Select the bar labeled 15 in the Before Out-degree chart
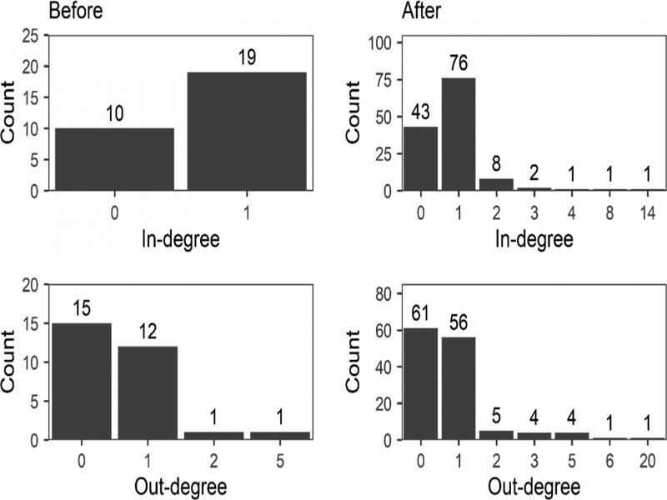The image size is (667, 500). click(x=81, y=381)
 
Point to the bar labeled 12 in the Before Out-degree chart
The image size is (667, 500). click(x=147, y=392)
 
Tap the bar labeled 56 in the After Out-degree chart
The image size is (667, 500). click(x=457, y=387)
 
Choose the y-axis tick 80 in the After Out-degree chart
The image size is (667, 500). click(x=385, y=293)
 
